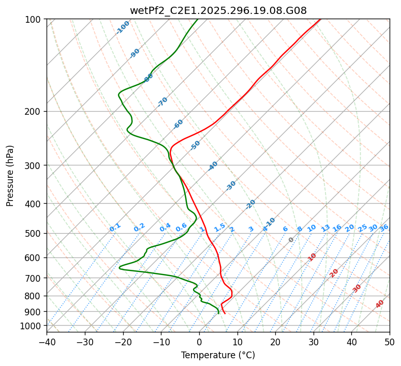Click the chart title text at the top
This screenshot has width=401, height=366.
tap(218, 10)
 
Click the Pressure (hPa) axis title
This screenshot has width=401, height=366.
tap(10, 176)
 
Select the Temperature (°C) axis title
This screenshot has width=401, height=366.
tap(218, 355)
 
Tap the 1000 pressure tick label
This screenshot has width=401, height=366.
tap(31, 326)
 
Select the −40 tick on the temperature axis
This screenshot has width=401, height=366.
tap(47, 342)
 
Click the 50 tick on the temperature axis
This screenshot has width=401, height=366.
tap(390, 342)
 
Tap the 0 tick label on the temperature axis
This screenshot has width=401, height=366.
tap(199, 342)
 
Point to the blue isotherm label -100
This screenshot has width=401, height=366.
tap(123, 27)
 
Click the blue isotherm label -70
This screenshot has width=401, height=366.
tap(162, 102)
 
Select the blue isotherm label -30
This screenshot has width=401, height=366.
tap(231, 185)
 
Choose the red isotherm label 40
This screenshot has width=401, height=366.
tap(380, 304)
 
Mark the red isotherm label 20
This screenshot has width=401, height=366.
tap(334, 272)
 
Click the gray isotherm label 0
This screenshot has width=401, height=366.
tap(291, 240)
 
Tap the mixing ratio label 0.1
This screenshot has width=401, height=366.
tap(115, 227)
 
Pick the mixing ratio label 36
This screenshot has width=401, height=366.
tap(384, 227)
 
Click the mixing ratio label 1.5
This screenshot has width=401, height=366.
tap(219, 227)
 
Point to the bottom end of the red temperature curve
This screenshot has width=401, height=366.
tap(225, 313)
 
